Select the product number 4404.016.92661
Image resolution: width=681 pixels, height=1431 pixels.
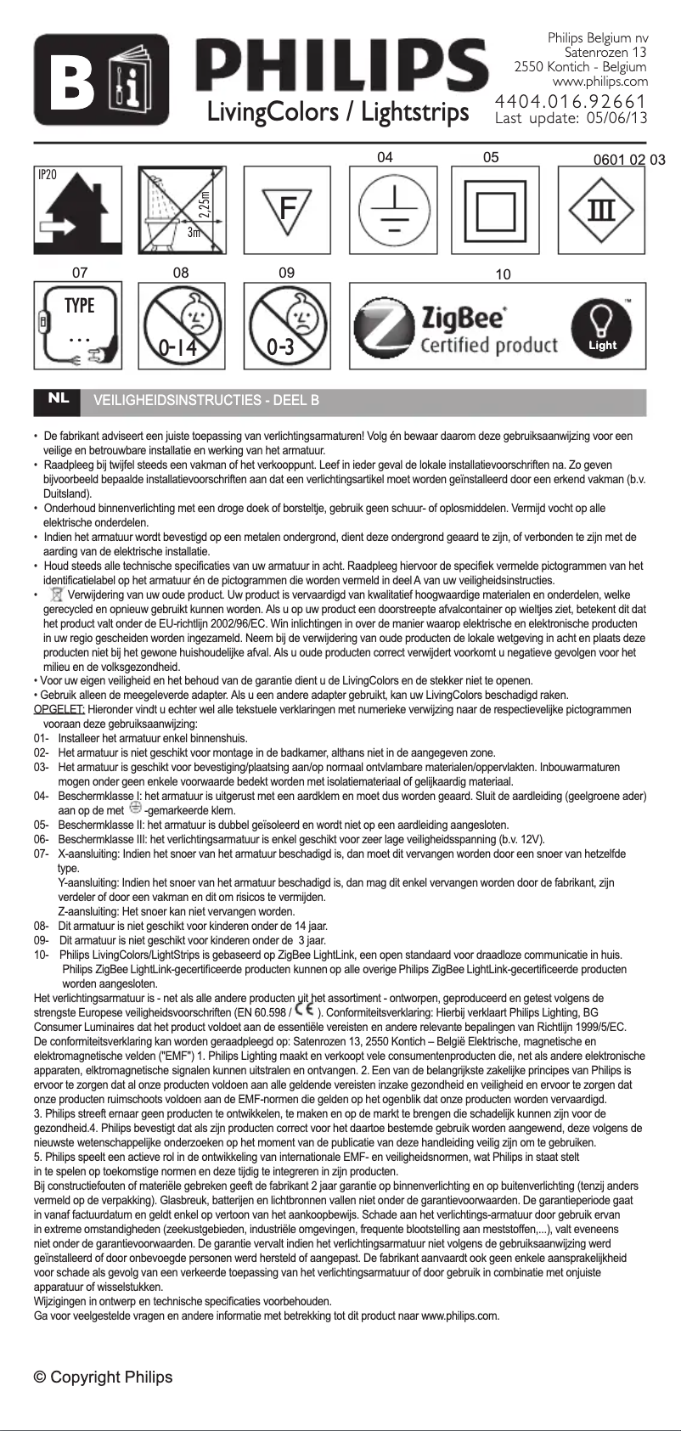(571, 102)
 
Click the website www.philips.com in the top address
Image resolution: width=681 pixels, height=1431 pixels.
(599, 82)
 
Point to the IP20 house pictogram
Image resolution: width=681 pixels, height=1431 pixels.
(77, 210)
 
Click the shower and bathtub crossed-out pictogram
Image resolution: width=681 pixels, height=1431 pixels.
(181, 210)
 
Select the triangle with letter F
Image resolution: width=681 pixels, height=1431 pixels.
(287, 210)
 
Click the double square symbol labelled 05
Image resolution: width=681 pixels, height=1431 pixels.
(495, 210)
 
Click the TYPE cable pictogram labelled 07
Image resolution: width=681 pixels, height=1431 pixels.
(77, 326)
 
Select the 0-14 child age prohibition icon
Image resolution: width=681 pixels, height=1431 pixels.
(181, 326)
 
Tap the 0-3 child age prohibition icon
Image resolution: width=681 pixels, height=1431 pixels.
(287, 326)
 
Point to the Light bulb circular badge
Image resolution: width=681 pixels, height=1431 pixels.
(603, 327)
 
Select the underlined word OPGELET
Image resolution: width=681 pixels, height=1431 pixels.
(59, 709)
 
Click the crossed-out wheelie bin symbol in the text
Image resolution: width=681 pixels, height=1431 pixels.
(57, 594)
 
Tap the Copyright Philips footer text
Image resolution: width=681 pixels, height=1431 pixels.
(103, 1377)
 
